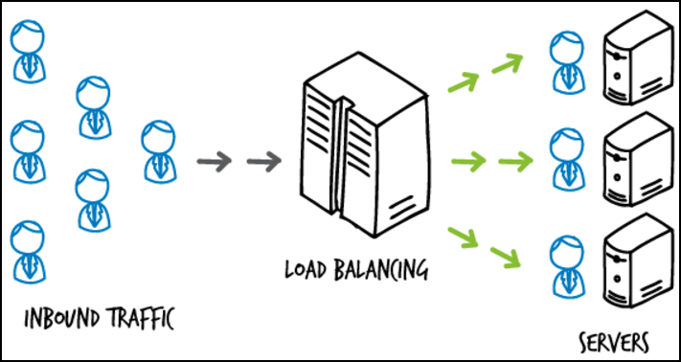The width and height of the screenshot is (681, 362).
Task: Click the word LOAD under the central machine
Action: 308,268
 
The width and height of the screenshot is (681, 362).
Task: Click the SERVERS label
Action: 615,342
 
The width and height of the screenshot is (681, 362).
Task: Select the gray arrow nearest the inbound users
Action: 212,160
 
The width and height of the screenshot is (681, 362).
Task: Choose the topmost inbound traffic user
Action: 28,50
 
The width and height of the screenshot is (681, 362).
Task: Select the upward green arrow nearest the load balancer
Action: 464,82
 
